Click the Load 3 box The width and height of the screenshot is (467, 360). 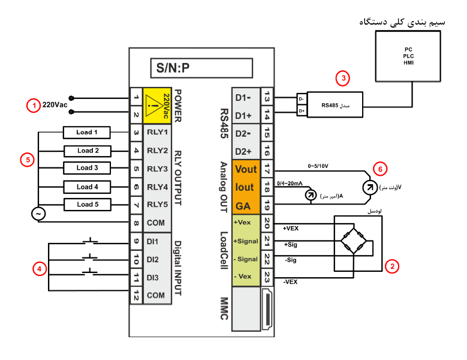tap(87, 168)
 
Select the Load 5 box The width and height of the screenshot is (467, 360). tap(88, 205)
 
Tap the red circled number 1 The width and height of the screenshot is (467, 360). tap(34, 106)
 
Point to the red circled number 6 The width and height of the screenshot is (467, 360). tap(380, 169)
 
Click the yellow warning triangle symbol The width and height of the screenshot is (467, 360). tap(153, 106)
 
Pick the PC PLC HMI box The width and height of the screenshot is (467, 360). tap(408, 56)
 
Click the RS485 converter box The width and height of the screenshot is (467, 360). tap(335, 104)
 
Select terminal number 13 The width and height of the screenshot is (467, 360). tap(267, 97)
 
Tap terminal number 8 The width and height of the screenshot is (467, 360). tap(136, 223)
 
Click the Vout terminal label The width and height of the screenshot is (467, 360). tap(246, 169)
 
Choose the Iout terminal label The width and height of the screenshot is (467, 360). tap(245, 187)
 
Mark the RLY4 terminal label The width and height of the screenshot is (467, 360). tap(158, 187)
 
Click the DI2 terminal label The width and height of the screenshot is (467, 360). tap(152, 260)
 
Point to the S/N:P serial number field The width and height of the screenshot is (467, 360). tap(201, 68)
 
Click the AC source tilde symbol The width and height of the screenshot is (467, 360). tap(38, 214)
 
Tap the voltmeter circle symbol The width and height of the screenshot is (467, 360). tap(370, 187)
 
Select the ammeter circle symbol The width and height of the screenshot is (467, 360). tap(311, 195)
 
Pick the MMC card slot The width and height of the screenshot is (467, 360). tap(267, 309)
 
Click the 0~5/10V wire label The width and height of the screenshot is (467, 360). tap(318, 166)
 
